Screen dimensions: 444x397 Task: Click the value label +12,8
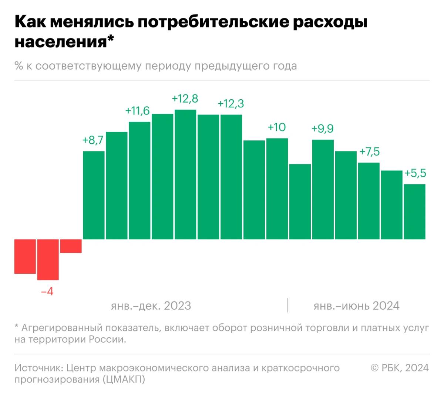click(x=185, y=99)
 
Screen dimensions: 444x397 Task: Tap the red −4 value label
click(x=47, y=292)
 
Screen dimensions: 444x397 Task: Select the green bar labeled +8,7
click(x=94, y=195)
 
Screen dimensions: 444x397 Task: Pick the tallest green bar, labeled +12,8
click(x=185, y=174)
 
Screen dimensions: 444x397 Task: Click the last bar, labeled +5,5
click(x=415, y=212)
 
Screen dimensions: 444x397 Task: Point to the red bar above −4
click(x=48, y=260)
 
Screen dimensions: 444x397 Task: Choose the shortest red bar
click(x=71, y=246)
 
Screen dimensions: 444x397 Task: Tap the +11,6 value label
click(x=137, y=111)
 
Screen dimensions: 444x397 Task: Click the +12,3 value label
click(x=231, y=104)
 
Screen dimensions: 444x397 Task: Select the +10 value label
click(x=277, y=127)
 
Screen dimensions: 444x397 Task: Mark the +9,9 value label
click(x=323, y=129)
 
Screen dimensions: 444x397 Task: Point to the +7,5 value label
click(x=370, y=152)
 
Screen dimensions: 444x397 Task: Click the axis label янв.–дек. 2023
click(x=151, y=306)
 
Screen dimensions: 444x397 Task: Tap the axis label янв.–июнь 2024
click(x=357, y=306)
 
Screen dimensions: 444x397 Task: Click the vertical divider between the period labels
click(x=288, y=305)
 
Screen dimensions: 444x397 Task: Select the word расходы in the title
click(x=330, y=23)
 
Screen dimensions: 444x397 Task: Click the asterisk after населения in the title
click(x=110, y=39)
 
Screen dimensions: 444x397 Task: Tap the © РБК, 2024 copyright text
click(x=400, y=368)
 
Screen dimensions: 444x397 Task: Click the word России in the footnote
click(x=108, y=340)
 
